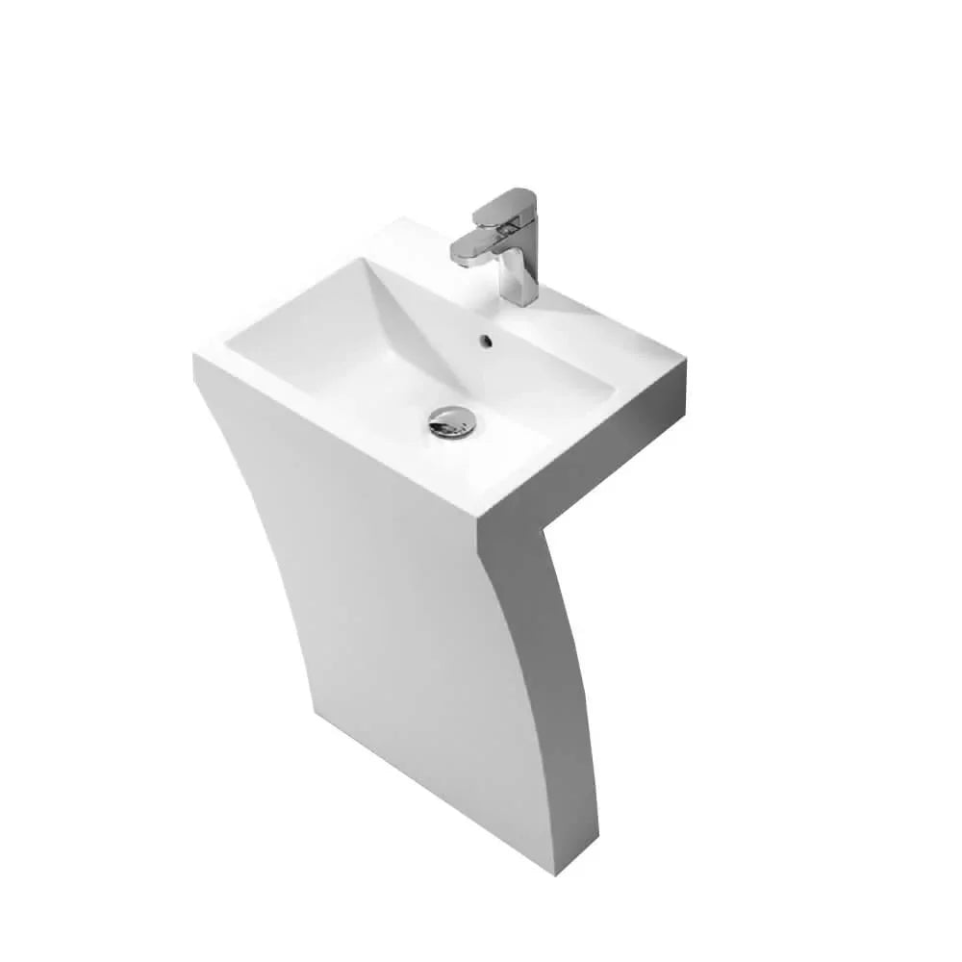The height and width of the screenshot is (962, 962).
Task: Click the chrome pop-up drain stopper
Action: [x=451, y=421]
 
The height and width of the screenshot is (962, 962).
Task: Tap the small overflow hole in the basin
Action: [x=484, y=339]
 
